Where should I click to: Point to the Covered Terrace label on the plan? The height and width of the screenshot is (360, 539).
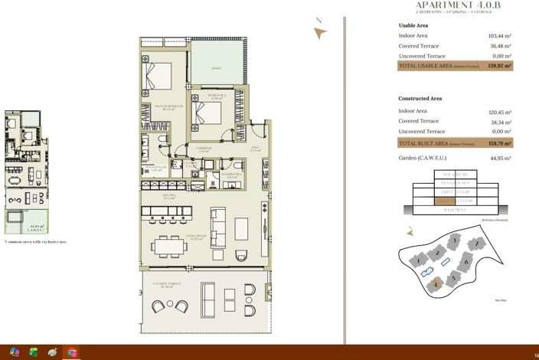(x=165, y=284)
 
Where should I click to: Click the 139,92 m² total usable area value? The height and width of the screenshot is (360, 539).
(x=499, y=67)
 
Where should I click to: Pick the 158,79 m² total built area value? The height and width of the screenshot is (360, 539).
(x=499, y=143)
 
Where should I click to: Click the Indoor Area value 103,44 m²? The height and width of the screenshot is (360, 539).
(x=499, y=35)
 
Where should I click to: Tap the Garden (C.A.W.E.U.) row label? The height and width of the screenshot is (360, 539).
(x=423, y=159)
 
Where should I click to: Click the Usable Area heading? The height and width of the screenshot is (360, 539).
(x=413, y=25)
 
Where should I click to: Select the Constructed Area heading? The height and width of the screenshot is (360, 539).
(x=420, y=99)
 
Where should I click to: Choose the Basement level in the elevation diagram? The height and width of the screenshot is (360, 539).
(x=454, y=210)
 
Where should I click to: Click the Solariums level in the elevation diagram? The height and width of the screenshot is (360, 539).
(x=454, y=175)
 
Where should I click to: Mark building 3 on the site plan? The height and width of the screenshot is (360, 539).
(x=455, y=241)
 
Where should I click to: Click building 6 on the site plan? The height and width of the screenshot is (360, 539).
(x=466, y=262)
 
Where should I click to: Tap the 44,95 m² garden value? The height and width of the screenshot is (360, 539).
(x=499, y=159)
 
